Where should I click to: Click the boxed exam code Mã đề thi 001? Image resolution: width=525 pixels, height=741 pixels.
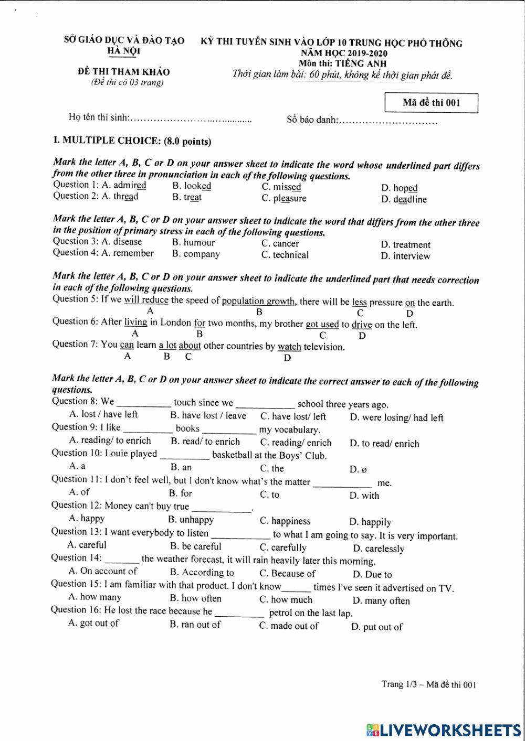(x=431, y=103)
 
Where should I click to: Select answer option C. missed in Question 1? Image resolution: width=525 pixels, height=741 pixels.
(x=281, y=187)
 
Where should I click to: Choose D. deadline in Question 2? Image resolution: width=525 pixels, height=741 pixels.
(x=404, y=200)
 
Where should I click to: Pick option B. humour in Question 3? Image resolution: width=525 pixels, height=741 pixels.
(x=193, y=243)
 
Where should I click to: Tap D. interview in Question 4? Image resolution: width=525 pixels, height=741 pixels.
(x=405, y=256)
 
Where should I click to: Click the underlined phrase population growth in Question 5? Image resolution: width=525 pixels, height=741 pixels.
(x=258, y=301)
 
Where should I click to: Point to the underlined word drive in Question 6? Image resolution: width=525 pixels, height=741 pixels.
(x=362, y=325)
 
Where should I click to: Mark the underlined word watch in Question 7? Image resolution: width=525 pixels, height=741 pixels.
(x=289, y=347)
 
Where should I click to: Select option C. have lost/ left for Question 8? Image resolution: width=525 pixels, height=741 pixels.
(x=293, y=417)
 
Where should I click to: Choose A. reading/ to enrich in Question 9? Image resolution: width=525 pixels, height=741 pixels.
(x=110, y=441)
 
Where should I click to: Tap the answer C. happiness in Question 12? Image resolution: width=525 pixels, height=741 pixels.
(x=285, y=521)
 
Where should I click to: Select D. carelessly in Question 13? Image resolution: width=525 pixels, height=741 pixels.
(x=378, y=549)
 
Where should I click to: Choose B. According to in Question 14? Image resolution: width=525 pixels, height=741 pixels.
(x=202, y=573)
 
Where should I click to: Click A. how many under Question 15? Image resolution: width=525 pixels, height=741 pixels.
(x=95, y=597)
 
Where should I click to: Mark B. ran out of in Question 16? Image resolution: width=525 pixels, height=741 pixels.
(x=195, y=625)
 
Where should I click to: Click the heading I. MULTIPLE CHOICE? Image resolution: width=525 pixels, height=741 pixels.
(x=132, y=141)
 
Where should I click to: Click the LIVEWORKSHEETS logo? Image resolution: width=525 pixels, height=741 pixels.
(x=444, y=730)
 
